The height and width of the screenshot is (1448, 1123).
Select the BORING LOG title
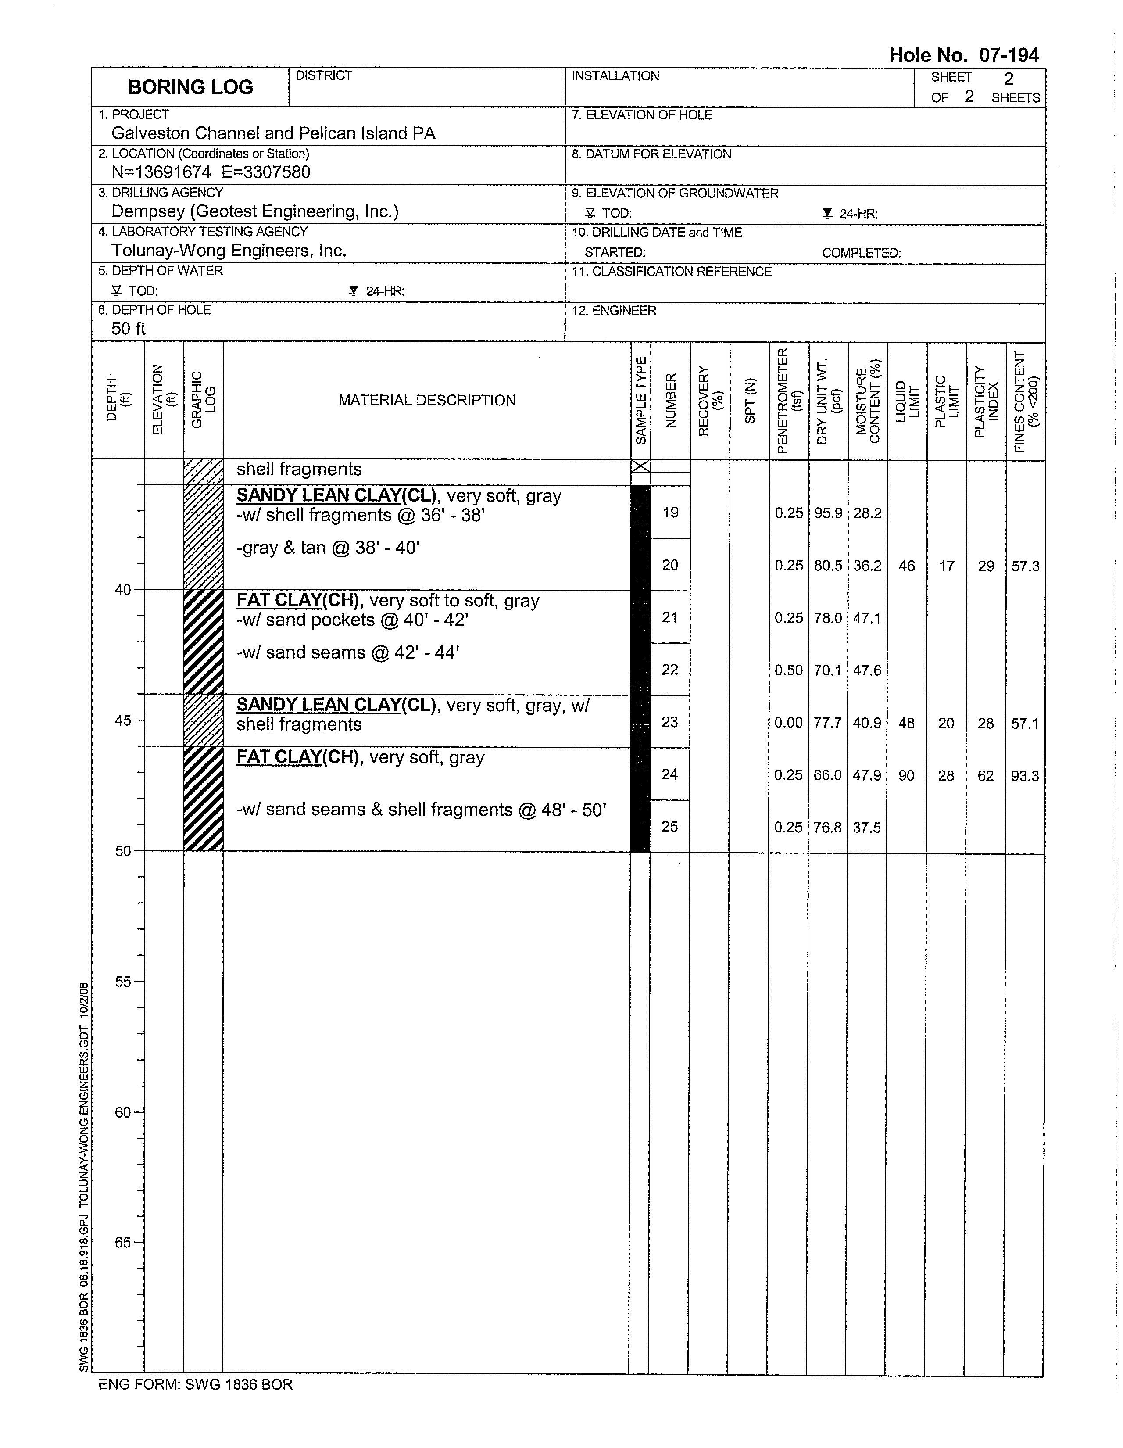[x=190, y=87]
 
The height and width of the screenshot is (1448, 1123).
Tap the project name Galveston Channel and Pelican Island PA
[x=273, y=133]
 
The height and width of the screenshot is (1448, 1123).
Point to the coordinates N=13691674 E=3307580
[x=211, y=172]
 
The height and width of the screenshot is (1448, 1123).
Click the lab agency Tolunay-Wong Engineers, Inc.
[x=229, y=251]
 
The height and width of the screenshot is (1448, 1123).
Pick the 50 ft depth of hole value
[x=128, y=329]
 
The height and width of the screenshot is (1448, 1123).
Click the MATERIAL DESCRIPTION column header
[x=427, y=401]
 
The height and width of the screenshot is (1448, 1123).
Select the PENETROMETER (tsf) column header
[x=789, y=401]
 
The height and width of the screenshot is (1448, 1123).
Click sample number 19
[x=670, y=513]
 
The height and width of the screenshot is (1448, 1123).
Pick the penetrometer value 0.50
[x=789, y=670]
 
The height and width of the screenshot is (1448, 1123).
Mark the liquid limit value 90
[x=906, y=775]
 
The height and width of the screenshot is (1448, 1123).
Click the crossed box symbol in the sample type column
[x=640, y=467]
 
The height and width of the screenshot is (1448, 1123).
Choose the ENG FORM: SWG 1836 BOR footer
[x=196, y=1384]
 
